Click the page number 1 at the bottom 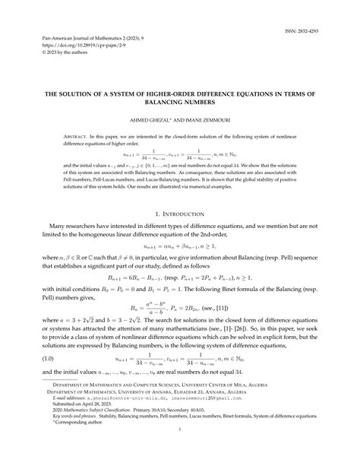pyautogui.click(x=180, y=451)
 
